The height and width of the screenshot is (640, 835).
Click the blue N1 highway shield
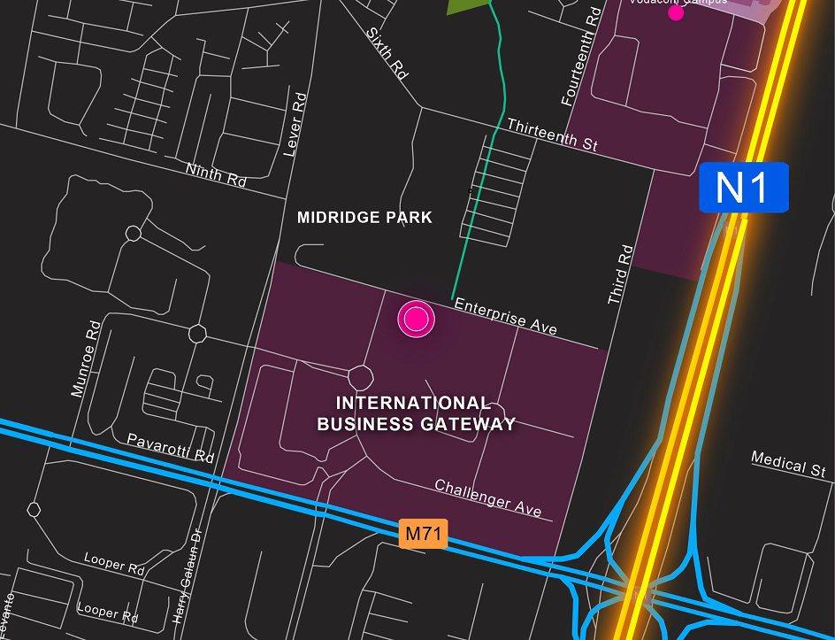(x=743, y=188)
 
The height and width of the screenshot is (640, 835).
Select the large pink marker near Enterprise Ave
(x=416, y=319)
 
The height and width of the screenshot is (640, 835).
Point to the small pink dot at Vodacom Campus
(x=676, y=12)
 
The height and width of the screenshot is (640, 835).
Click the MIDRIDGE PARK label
(x=364, y=217)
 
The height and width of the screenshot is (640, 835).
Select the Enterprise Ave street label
(x=505, y=316)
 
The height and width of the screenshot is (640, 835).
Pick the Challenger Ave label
(x=487, y=498)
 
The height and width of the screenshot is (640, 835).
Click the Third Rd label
(x=620, y=275)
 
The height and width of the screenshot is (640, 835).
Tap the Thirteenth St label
(x=552, y=135)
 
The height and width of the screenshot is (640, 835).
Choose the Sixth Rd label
(x=387, y=54)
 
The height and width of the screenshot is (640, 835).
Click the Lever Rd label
(x=295, y=125)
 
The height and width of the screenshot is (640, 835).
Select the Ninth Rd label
(x=216, y=173)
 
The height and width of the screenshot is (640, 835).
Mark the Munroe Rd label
(x=86, y=359)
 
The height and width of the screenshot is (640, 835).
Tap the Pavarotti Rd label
(x=171, y=448)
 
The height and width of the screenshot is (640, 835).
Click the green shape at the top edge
(x=466, y=5)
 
